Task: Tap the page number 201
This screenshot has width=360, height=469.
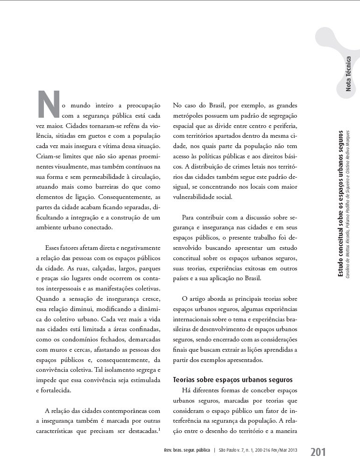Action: click(318, 452)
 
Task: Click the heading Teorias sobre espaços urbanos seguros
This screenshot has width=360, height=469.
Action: click(233, 379)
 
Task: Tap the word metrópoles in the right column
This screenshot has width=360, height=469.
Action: click(190, 115)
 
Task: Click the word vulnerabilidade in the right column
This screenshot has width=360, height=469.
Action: click(196, 197)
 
